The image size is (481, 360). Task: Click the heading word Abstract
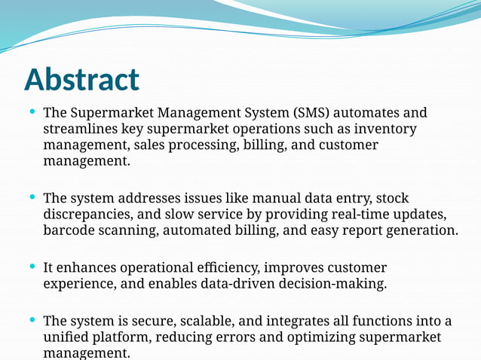(x=81, y=80)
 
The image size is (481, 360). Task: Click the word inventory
(x=386, y=129)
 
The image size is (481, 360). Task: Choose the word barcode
(x=69, y=230)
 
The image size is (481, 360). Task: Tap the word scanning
(x=127, y=230)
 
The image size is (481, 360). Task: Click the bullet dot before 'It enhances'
(x=32, y=267)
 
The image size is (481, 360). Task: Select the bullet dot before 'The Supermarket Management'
(x=32, y=112)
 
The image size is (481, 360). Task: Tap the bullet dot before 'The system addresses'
(x=32, y=197)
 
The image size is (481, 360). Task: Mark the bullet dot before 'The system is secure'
(x=32, y=321)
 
